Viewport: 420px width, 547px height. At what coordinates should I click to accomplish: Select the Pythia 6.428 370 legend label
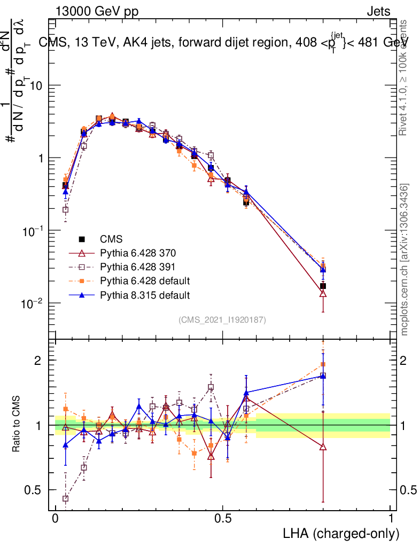click(x=139, y=252)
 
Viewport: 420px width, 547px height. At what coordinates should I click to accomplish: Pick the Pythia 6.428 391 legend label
click(x=139, y=267)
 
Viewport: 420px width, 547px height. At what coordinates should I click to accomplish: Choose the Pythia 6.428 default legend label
click(x=144, y=280)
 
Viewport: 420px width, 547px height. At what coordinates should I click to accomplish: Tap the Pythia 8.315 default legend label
click(x=144, y=295)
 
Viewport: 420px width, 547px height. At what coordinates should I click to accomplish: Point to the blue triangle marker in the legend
click(x=82, y=294)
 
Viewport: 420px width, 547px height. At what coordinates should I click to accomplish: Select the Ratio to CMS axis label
click(x=17, y=425)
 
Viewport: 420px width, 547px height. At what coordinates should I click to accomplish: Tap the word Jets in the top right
click(x=378, y=12)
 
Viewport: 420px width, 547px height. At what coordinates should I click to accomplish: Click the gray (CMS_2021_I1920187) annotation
click(x=222, y=319)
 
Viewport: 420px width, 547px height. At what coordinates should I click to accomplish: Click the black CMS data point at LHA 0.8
click(x=323, y=286)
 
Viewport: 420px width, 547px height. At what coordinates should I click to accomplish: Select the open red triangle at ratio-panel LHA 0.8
click(x=323, y=447)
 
